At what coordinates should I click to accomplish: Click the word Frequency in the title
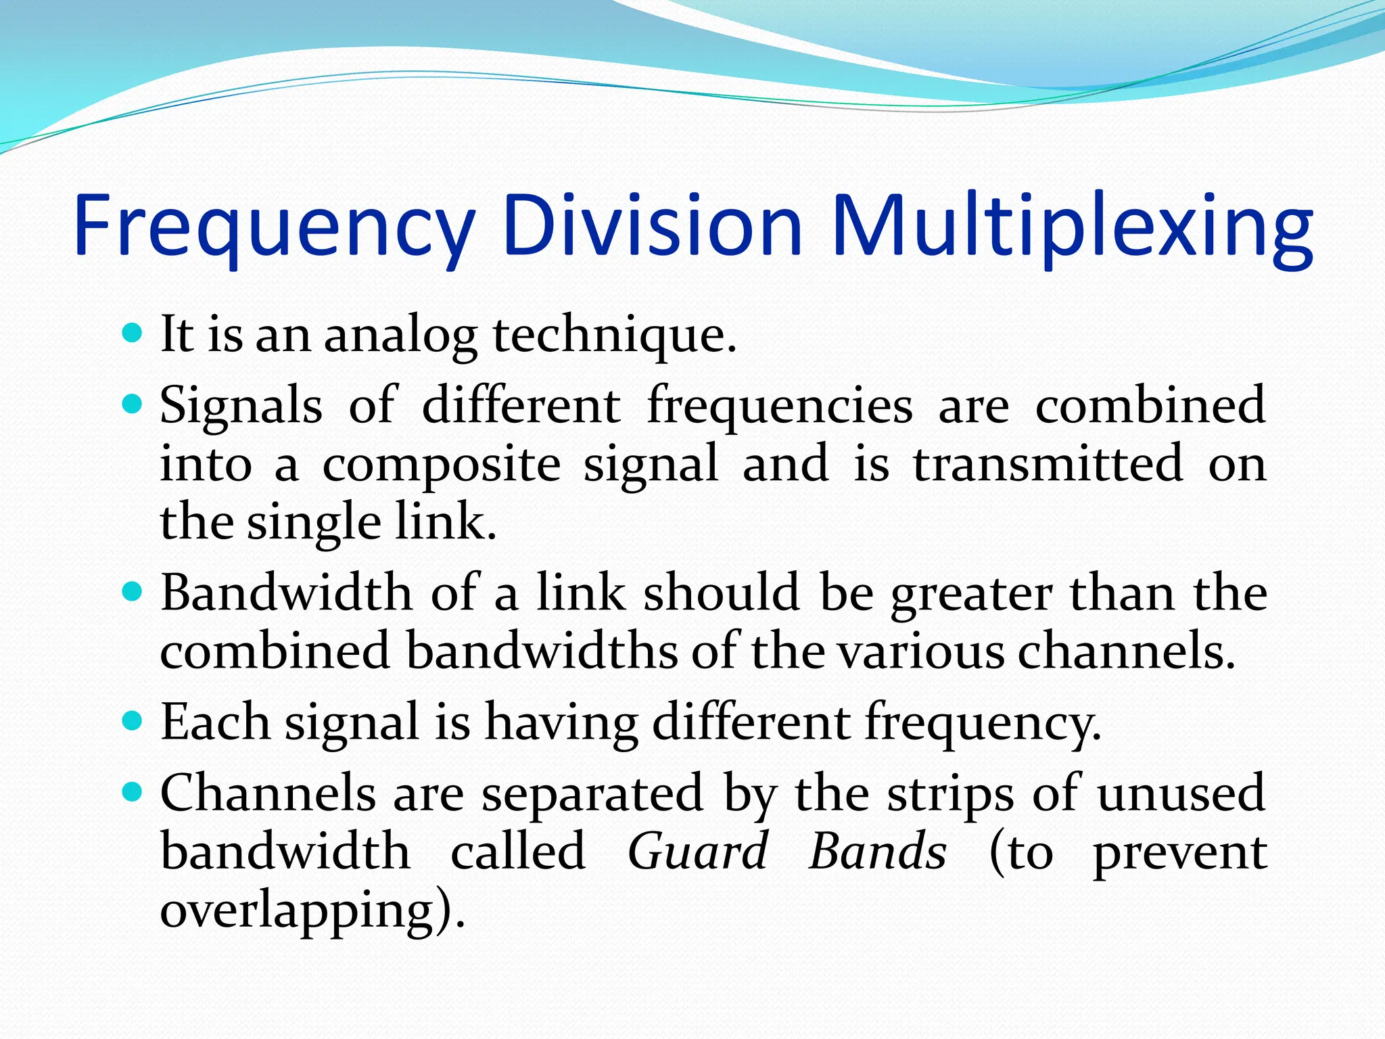pyautogui.click(x=274, y=227)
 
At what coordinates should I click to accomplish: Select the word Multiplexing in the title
pyautogui.click(x=1072, y=227)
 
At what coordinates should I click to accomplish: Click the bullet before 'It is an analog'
pyautogui.click(x=133, y=333)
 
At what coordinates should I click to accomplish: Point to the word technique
pyautogui.click(x=614, y=336)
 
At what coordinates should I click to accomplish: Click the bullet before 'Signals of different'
pyautogui.click(x=133, y=405)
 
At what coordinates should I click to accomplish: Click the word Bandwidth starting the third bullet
pyautogui.click(x=286, y=593)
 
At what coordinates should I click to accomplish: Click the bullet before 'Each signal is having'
pyautogui.click(x=133, y=720)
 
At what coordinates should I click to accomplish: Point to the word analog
pyautogui.click(x=400, y=336)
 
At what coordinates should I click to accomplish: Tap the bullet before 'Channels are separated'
pyautogui.click(x=133, y=791)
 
